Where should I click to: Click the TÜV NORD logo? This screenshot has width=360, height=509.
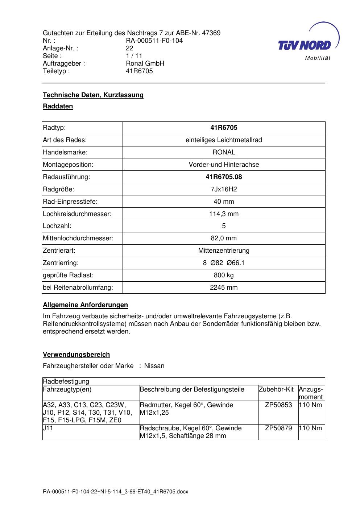pos(308,43)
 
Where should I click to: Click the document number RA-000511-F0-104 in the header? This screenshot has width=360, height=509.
pos(154,41)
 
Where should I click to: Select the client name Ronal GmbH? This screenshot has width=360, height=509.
pos(145,63)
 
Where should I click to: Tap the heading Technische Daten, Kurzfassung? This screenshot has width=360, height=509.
pos(93,95)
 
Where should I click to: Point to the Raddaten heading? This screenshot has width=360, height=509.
pos(58,106)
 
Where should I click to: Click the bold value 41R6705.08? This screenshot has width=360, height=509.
pos(224,177)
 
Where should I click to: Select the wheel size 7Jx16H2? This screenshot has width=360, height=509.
pos(224,189)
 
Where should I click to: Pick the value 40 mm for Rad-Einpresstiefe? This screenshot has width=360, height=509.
pos(224,202)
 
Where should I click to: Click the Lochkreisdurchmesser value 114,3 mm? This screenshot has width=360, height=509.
pos(224,214)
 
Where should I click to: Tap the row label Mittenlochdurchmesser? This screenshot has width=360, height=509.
pos(78,238)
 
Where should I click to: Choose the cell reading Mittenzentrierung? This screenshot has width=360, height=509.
pos(224,251)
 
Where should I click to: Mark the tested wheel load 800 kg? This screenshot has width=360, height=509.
pos(224,275)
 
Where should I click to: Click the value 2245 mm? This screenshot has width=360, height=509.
pos(224,287)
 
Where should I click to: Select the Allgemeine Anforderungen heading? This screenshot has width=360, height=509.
pos(85,305)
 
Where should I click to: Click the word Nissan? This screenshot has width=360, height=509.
pos(154,366)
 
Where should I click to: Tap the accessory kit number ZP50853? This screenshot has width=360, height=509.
pos(278,405)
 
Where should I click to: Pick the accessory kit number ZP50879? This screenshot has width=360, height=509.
pos(278,428)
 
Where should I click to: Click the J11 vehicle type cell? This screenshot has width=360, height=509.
pos(48,428)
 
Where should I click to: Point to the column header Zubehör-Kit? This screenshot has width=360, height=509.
pos(276,389)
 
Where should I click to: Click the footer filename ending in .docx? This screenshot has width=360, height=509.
pos(116,492)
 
